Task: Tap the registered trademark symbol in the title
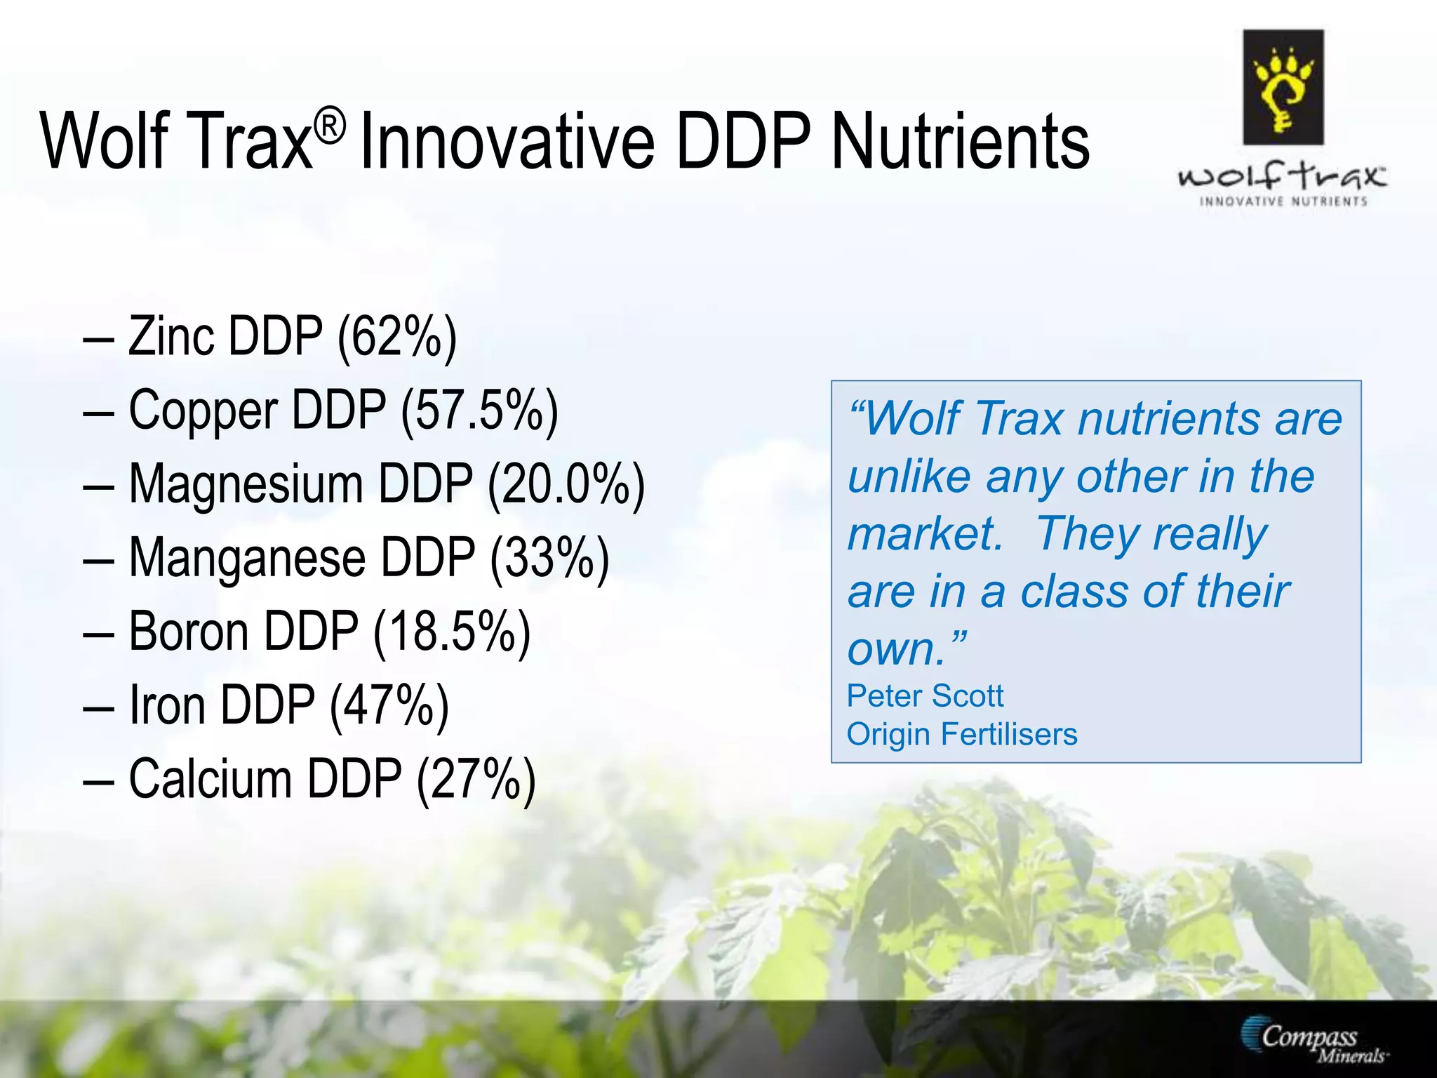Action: tap(329, 127)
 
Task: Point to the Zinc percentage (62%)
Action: tap(397, 338)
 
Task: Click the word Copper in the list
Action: tap(203, 411)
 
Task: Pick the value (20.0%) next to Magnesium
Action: tap(566, 485)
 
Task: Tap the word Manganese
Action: tap(247, 559)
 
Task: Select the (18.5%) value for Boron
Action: tap(452, 632)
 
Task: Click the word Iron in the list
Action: tap(167, 705)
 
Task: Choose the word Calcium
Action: tap(210, 779)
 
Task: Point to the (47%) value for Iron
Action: tap(389, 705)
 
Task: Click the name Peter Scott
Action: tap(925, 696)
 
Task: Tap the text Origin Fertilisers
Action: tap(961, 735)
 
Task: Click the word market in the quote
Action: tap(925, 535)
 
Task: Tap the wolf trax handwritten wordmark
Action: tap(1283, 175)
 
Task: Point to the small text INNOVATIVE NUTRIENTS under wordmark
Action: tap(1283, 202)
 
